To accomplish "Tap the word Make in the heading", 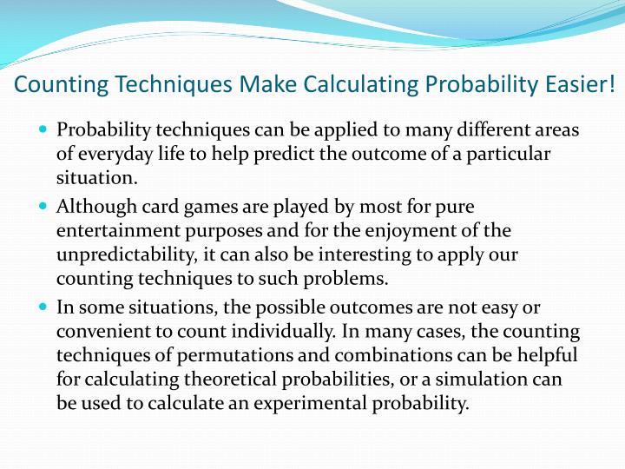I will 266,85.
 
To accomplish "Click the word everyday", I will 112,155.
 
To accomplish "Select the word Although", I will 95,207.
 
